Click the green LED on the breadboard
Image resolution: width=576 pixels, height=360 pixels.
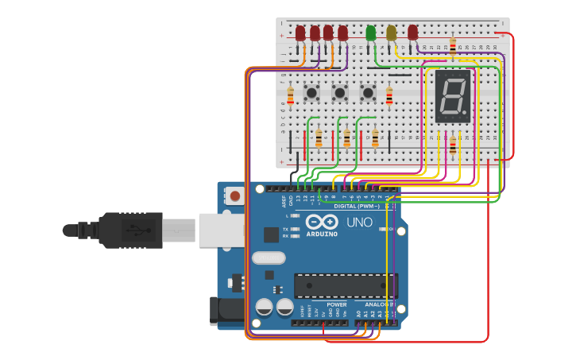370,33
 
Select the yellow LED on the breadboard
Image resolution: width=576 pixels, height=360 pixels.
391,33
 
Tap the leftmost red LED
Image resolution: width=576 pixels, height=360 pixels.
300,33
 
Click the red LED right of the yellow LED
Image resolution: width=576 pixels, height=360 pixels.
412,32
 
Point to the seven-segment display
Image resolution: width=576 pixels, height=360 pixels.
453,96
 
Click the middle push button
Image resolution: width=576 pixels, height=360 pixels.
340,93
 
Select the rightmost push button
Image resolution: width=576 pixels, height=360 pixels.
368,93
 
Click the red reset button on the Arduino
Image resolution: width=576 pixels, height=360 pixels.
235,195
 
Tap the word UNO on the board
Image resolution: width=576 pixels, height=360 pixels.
359,223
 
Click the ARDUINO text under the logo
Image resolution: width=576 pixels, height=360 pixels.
321,234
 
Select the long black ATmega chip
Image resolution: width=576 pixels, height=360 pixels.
346,285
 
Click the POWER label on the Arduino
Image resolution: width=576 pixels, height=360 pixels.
336,304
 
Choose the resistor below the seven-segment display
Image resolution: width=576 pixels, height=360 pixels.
453,145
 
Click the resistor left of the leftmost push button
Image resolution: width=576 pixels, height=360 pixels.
290,96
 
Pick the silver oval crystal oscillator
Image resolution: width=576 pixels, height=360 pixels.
269,257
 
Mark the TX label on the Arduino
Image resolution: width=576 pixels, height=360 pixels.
285,229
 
